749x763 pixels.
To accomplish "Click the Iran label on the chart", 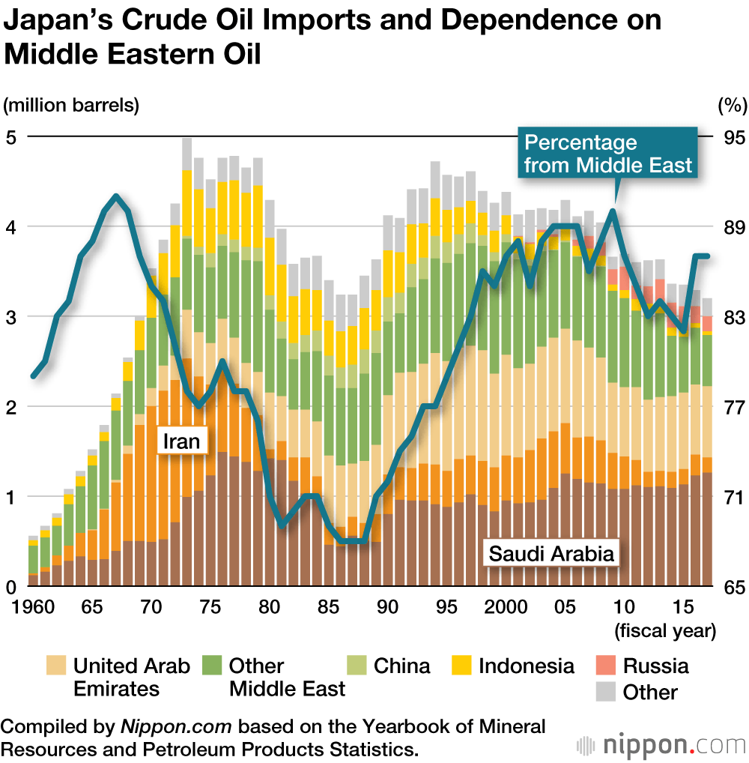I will [181, 441].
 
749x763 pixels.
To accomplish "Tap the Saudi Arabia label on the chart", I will [551, 555].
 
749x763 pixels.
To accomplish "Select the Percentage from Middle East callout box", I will [607, 154].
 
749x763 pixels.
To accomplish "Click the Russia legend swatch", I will [605, 666].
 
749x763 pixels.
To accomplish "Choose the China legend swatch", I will [356, 666].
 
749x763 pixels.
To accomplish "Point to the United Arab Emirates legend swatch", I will [56, 666].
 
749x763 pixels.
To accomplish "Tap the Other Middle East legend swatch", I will [212, 666].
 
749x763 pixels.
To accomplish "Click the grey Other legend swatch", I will [605, 692].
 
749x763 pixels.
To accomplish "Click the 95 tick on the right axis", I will [734, 138].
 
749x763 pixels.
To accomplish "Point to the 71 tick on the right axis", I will [734, 497].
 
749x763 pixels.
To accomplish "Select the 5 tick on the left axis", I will [11, 137].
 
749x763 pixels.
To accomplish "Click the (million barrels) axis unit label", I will [72, 105].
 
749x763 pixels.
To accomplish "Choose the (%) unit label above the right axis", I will [732, 106].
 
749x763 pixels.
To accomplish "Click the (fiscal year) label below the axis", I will [665, 630].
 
